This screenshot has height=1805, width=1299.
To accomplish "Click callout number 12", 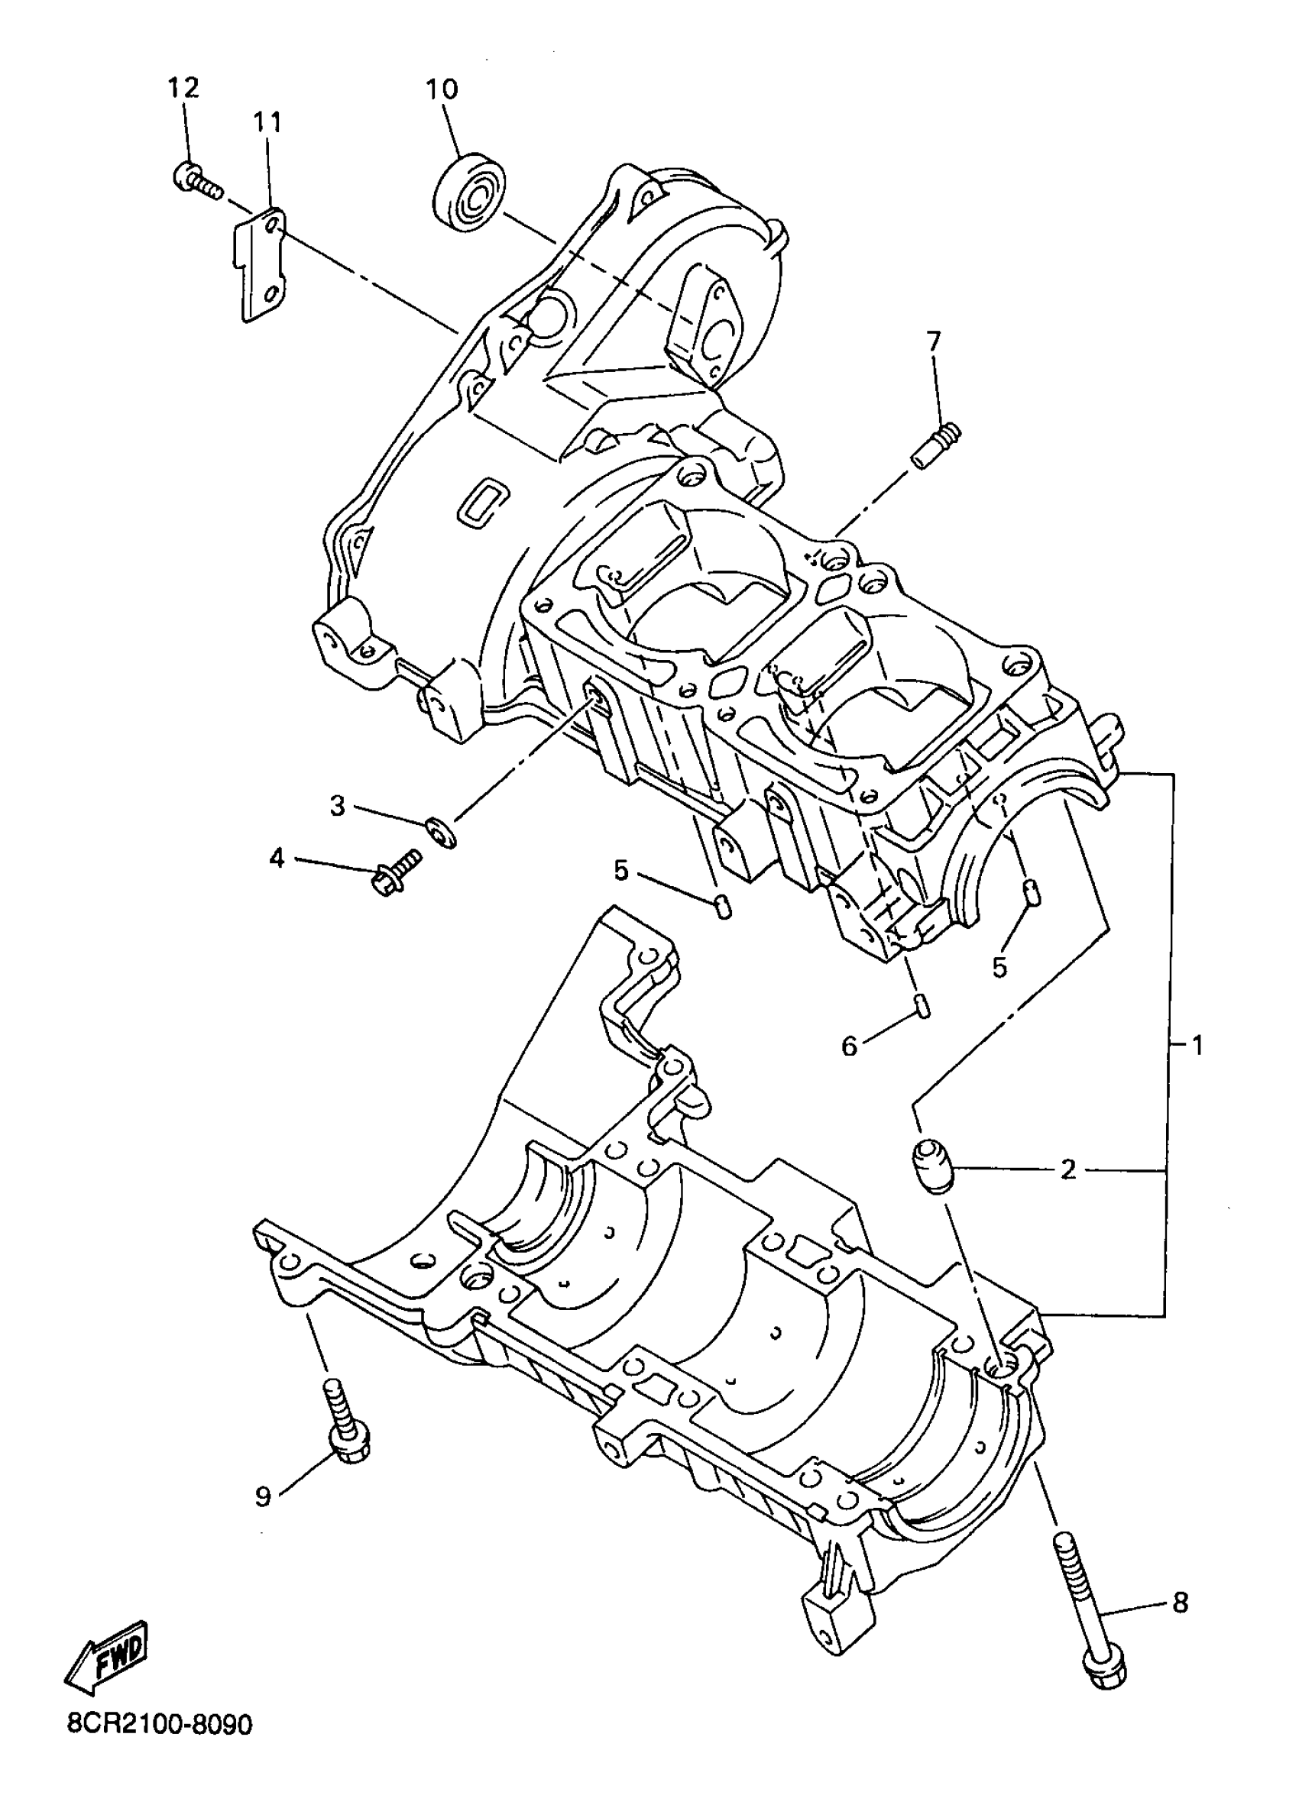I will coord(183,89).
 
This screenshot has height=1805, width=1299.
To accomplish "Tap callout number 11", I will coord(268,122).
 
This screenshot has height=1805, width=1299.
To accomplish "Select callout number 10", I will coord(442,89).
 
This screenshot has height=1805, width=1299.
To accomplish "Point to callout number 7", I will coord(933,341).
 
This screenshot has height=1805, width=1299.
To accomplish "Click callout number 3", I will coord(339,806).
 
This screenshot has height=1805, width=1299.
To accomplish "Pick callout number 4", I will coord(277,859).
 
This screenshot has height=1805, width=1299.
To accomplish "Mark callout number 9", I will coord(264,1496).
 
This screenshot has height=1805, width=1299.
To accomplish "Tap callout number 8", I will coord(1181,1602).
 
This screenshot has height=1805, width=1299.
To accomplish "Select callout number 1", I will coord(1197,1045).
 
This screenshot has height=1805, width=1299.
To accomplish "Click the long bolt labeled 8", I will coord(1087,1616).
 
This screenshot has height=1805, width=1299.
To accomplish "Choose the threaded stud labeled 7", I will coord(938,448).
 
